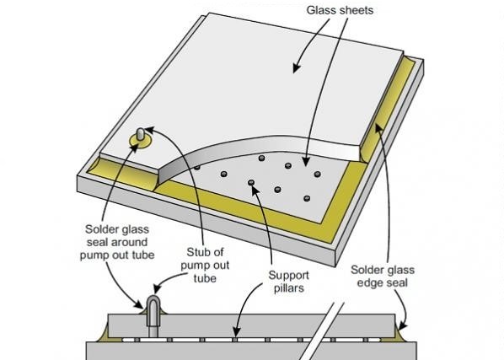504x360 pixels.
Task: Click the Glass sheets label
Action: click(340, 10)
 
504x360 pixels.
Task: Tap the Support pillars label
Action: click(288, 282)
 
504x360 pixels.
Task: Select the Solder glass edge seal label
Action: click(383, 276)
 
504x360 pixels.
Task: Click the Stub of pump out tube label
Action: click(205, 266)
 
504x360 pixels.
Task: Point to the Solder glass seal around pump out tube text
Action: click(117, 242)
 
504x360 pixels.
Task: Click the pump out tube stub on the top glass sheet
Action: click(141, 134)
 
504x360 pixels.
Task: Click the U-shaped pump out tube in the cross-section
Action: click(153, 316)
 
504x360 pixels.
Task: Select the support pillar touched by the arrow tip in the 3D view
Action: click(251, 183)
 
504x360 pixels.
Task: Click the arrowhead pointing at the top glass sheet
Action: click(296, 67)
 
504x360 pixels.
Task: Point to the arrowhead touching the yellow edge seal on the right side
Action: click(379, 127)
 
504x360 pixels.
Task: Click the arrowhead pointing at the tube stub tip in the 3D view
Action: click(149, 130)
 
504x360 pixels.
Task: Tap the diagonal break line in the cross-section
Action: click(321, 331)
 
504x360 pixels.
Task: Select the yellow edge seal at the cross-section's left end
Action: click(104, 334)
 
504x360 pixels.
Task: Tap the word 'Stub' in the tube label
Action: click(198, 252)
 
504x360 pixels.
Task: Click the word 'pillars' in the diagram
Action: click(288, 288)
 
